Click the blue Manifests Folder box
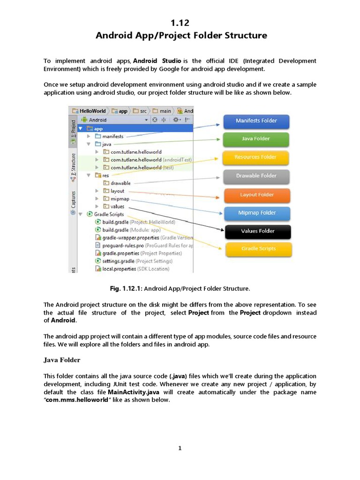click(256, 121)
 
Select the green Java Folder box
click(256, 139)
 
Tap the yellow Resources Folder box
click(256, 157)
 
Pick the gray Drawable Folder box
click(256, 176)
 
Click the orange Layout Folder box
click(256, 195)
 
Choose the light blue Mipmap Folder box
click(256, 213)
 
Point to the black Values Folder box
click(258, 231)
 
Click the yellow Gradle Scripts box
click(258, 249)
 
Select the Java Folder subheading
click(62, 360)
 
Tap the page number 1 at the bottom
click(180, 448)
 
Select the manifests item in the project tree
click(112, 136)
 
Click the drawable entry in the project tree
click(120, 183)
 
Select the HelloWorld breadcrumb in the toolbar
click(92, 111)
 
